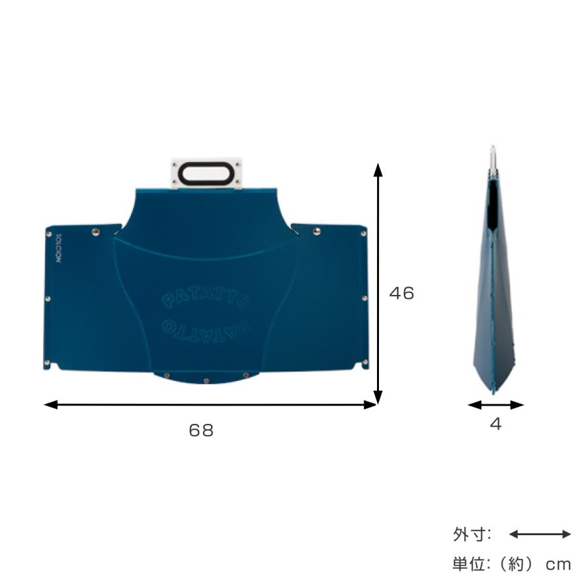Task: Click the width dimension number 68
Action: (x=201, y=430)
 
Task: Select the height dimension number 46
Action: (x=402, y=294)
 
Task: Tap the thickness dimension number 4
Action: (x=495, y=424)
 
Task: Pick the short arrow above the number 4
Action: (x=495, y=405)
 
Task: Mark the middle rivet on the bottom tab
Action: (x=206, y=380)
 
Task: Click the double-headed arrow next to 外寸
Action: (x=540, y=535)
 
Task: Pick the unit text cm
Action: (x=558, y=564)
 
